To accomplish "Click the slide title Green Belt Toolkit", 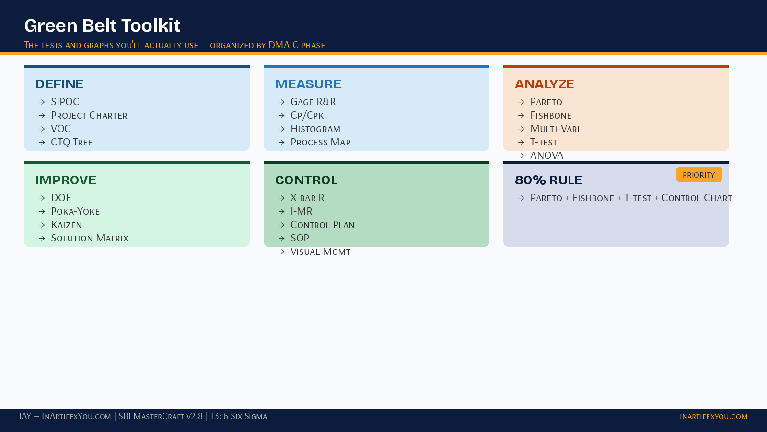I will (102, 25).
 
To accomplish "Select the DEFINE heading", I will (59, 84).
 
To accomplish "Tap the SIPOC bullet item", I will (65, 102).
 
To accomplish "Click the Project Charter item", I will (89, 115).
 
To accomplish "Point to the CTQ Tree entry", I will (71, 142).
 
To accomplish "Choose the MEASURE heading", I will (308, 84).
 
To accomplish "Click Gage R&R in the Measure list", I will (313, 102).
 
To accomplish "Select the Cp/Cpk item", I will (307, 115).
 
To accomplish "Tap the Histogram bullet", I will (315, 129).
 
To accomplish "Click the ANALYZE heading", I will (544, 84).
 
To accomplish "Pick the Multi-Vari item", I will (555, 129).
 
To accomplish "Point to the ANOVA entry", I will (546, 156).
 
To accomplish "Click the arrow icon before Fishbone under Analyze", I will (521, 115).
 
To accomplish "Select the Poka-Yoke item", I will (75, 211).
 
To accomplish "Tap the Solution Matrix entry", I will (90, 238).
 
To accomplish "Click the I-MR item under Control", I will (301, 211).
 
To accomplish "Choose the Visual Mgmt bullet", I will (320, 252).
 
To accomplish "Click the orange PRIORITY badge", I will (698, 175).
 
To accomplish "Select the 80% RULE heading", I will (548, 180).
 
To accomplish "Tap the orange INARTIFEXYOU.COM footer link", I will (713, 417).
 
